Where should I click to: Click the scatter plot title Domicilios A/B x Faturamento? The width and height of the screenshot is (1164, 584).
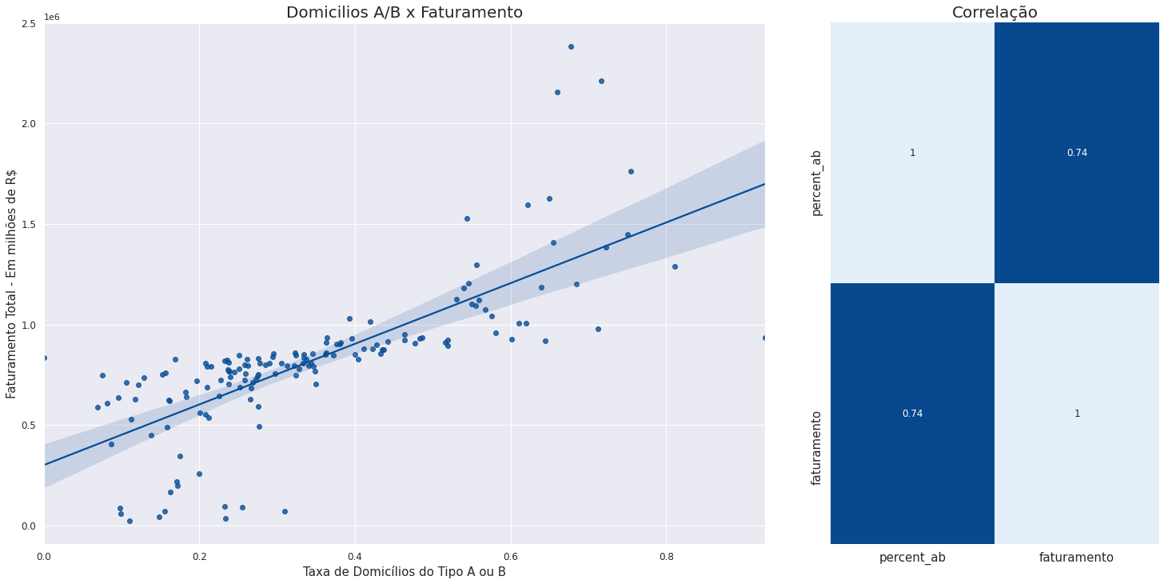[405, 12]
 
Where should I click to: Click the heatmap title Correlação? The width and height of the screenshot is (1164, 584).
[995, 12]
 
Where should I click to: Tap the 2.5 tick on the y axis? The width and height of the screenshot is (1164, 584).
[29, 24]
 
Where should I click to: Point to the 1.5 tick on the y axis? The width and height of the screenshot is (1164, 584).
[29, 225]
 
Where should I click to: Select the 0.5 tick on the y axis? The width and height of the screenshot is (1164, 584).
[29, 426]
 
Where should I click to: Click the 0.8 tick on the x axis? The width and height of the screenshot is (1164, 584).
[667, 557]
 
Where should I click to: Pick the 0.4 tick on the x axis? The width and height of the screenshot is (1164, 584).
[356, 557]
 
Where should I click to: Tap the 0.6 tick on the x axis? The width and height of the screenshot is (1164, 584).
[512, 557]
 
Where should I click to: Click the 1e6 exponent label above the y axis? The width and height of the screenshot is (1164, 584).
[52, 17]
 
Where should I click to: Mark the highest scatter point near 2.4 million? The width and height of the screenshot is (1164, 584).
[571, 47]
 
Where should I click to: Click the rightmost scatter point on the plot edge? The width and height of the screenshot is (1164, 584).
[764, 338]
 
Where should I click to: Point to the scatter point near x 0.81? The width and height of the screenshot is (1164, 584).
[675, 266]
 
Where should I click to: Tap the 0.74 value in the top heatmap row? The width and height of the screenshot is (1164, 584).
[1077, 153]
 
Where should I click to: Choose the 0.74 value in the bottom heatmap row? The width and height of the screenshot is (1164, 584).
[912, 414]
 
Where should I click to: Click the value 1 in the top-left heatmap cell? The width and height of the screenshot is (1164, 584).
[912, 153]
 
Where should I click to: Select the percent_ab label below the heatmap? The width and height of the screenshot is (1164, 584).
[912, 558]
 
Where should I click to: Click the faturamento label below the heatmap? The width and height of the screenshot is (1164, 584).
[1077, 558]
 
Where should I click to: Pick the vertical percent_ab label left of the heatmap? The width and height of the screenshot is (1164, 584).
[816, 183]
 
